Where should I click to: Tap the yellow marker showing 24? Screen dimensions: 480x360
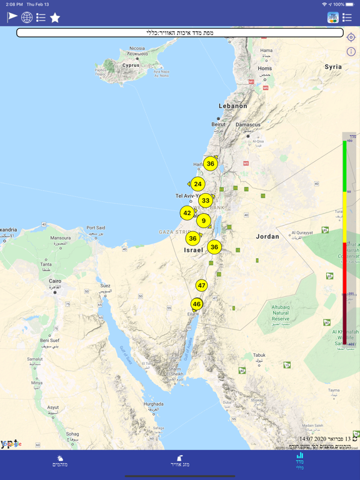pyautogui.click(x=197, y=184)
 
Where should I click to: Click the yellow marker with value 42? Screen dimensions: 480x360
pyautogui.click(x=187, y=213)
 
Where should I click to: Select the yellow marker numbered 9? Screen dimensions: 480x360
pyautogui.click(x=203, y=220)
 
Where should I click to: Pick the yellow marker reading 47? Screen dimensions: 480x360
pyautogui.click(x=201, y=285)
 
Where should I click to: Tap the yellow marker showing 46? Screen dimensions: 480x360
pyautogui.click(x=197, y=304)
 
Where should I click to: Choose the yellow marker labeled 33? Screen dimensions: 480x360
pyautogui.click(x=206, y=201)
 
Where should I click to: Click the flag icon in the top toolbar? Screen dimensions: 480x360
pyautogui.click(x=12, y=17)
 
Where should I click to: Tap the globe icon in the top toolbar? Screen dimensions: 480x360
pyautogui.click(x=27, y=17)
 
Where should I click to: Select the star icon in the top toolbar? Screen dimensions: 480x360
pyautogui.click(x=55, y=17)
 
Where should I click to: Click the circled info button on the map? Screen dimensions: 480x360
pyautogui.click(x=351, y=52)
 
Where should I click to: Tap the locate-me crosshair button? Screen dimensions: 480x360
pyautogui.click(x=351, y=38)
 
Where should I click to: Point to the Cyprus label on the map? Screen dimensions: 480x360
pyautogui.click(x=131, y=65)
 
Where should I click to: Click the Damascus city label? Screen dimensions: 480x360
pyautogui.click(x=248, y=124)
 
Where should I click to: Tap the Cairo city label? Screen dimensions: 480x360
pyautogui.click(x=55, y=281)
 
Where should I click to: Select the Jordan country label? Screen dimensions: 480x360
pyautogui.click(x=267, y=237)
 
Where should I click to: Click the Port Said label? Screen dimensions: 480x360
pyautogui.click(x=96, y=228)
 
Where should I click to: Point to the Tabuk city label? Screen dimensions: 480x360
pyautogui.click(x=259, y=356)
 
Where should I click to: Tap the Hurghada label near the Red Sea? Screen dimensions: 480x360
pyautogui.click(x=153, y=404)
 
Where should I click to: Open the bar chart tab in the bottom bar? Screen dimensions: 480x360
pyautogui.click(x=300, y=462)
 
